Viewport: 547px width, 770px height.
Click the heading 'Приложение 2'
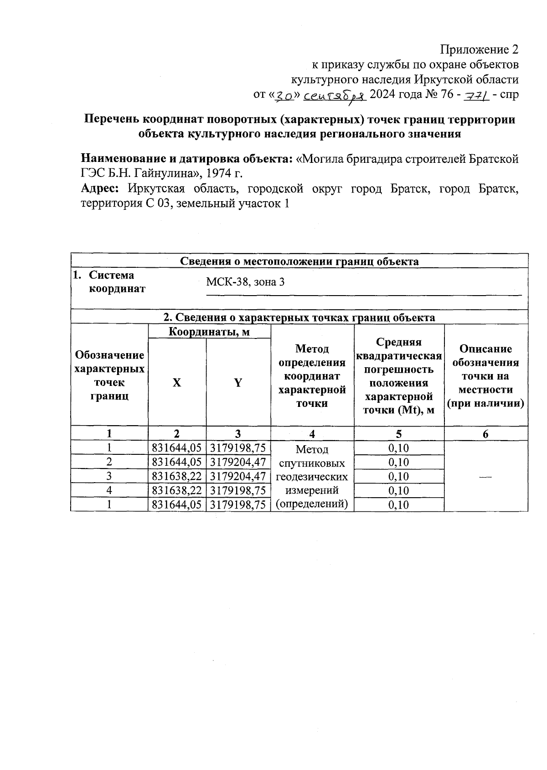479,49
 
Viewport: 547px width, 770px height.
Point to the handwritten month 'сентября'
335,95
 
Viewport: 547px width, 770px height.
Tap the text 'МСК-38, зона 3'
245,282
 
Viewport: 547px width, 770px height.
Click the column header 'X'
177,383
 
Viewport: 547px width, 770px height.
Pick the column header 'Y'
238,383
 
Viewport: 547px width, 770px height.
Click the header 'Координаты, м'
209,332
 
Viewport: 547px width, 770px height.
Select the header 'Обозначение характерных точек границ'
109,375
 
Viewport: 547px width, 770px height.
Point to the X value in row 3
177,477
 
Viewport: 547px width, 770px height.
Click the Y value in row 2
238,463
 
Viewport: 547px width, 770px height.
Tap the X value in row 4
177,491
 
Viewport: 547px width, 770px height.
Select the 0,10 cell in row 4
398,491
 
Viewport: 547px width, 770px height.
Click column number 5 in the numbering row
398,434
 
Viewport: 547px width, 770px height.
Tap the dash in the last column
485,477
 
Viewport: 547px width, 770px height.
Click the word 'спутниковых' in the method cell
312,463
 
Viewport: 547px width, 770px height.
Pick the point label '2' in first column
109,463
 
